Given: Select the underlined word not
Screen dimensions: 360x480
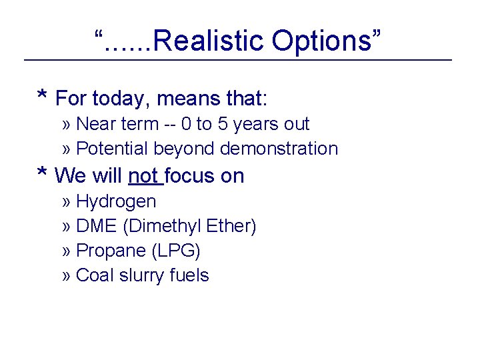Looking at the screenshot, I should (143, 176).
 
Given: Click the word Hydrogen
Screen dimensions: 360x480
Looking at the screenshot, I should (116, 201).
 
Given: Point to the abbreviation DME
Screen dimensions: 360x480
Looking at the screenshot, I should (97, 226).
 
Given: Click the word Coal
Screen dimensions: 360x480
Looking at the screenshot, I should (94, 275).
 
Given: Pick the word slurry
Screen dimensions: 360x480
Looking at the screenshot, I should (141, 275).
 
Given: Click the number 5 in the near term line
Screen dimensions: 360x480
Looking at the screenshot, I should (220, 124).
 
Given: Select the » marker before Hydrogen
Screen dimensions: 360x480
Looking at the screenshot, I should (67, 202).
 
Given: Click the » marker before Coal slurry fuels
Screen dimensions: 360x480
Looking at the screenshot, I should (67, 276).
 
